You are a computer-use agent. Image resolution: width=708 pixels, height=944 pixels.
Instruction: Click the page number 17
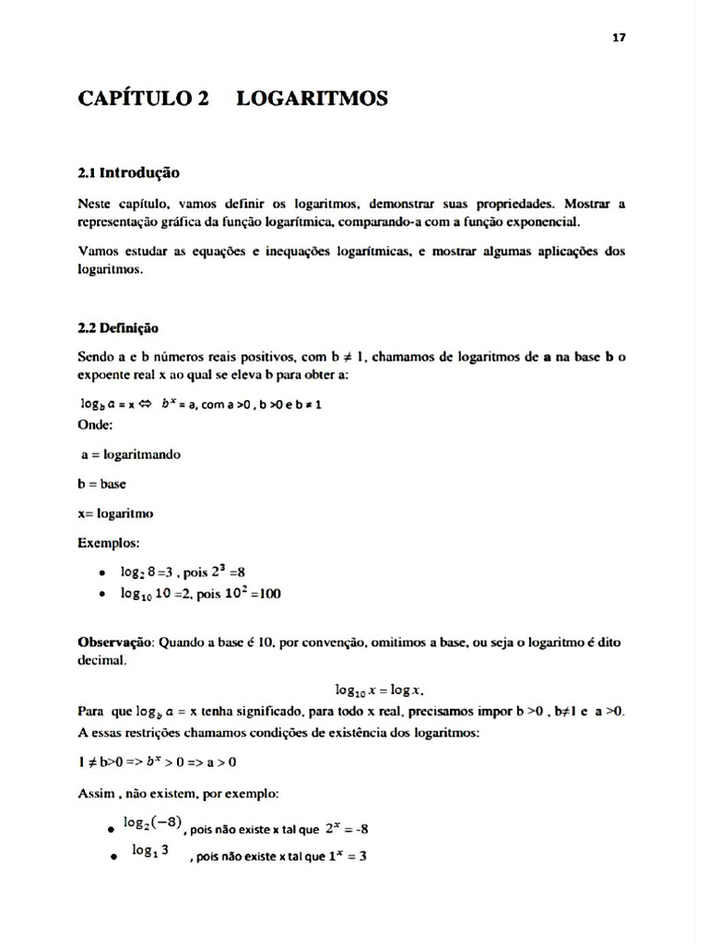click(619, 37)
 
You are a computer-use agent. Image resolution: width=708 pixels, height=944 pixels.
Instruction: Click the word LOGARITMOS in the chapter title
click(312, 98)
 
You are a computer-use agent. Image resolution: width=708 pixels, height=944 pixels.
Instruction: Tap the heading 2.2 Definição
click(119, 327)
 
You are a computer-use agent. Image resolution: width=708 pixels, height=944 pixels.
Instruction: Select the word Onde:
click(96, 425)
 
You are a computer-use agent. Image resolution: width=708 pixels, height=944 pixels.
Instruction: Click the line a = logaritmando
click(131, 454)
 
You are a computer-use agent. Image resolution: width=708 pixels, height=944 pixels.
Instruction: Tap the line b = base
click(102, 483)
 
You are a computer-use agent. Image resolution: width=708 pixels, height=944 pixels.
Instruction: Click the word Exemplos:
click(109, 543)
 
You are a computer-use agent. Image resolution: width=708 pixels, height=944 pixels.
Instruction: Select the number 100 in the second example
click(269, 595)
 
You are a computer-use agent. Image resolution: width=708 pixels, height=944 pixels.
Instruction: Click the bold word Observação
click(116, 641)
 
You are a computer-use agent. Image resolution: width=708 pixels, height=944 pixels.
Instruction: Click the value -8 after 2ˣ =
click(360, 828)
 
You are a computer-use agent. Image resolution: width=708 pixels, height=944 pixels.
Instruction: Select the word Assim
click(96, 793)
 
